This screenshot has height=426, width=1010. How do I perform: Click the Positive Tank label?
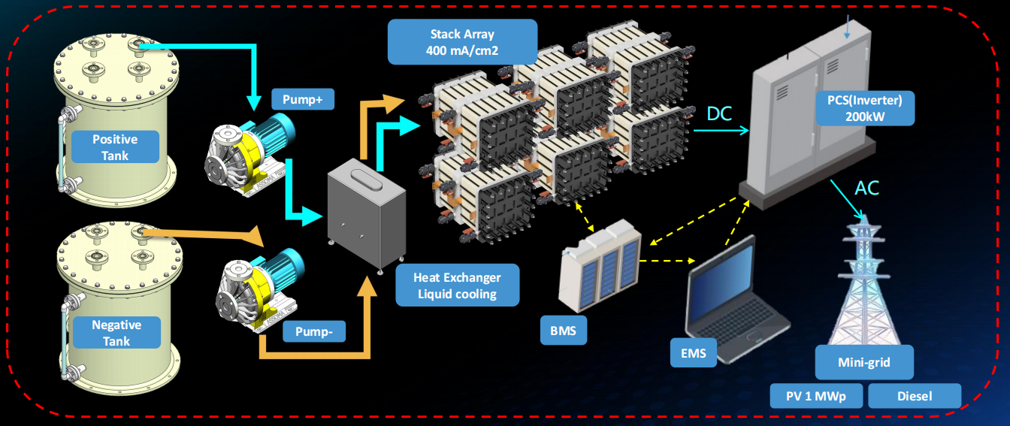(x=115, y=147)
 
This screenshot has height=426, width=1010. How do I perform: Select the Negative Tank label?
(x=116, y=333)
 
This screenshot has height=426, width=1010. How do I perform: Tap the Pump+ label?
(x=303, y=99)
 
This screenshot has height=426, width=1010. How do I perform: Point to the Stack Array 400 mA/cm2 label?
(x=462, y=42)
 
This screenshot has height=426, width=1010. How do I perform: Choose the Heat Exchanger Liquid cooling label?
(x=457, y=285)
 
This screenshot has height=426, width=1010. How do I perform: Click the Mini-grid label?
(x=863, y=362)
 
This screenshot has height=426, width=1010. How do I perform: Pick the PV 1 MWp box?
(x=817, y=395)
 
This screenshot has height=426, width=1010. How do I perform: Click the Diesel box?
(x=914, y=395)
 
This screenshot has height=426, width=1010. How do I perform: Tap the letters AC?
(x=867, y=188)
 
